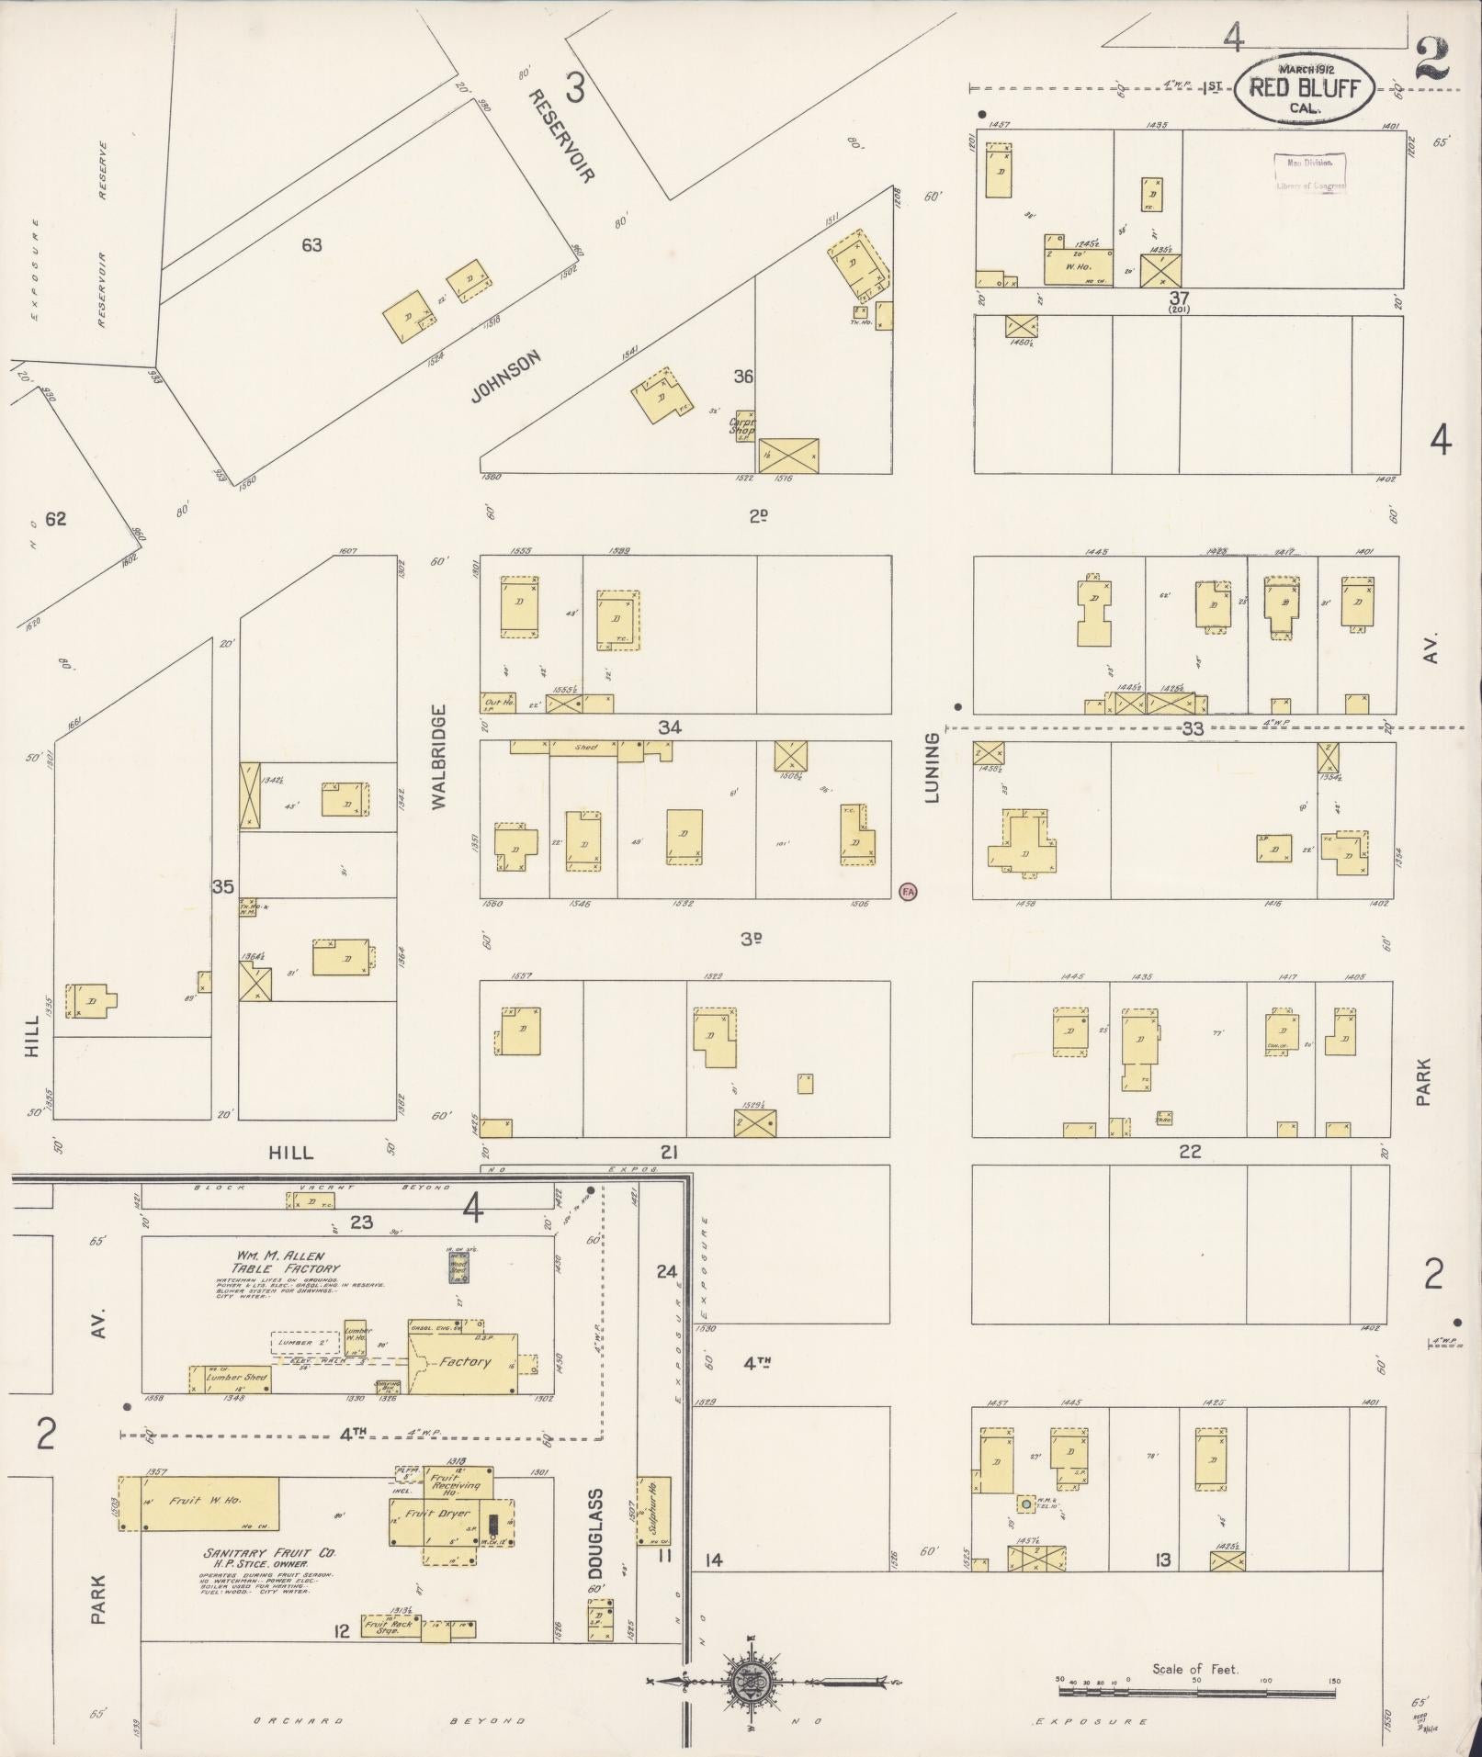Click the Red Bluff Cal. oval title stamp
coord(1304,88)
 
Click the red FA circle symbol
coord(908,890)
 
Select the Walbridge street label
coord(437,757)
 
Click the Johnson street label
coord(504,377)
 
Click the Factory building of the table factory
coord(464,1362)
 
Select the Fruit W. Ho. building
coord(199,1504)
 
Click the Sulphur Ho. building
coord(655,1511)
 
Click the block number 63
coord(312,245)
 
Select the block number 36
coord(744,377)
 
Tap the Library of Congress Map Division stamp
coord(1310,173)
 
